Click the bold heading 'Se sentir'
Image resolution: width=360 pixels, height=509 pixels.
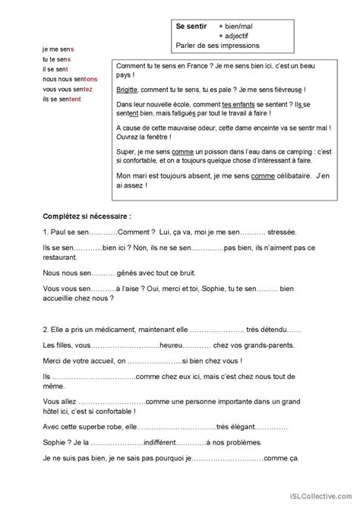191,26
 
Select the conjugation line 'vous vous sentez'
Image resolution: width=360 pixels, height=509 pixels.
68,89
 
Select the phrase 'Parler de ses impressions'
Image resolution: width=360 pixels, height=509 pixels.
217,45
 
